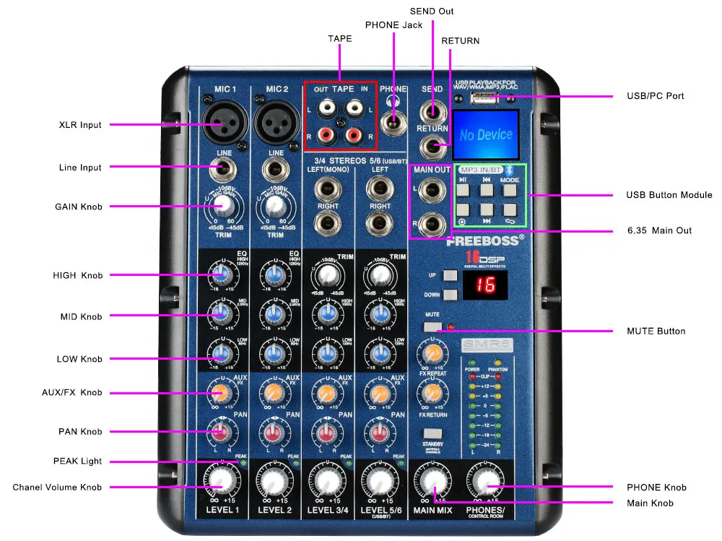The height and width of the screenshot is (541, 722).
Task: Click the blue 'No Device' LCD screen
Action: pos(485,135)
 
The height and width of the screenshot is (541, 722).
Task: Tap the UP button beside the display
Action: pos(451,276)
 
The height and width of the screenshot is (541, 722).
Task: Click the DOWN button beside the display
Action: pos(451,294)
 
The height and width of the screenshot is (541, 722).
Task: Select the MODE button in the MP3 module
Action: pos(510,190)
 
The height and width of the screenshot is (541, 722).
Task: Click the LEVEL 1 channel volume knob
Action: pos(222,480)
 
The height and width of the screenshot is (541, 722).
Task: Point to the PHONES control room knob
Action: pos(487,481)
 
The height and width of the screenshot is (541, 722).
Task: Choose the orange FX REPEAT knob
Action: pos(432,353)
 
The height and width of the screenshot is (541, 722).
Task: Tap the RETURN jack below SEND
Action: pos(432,147)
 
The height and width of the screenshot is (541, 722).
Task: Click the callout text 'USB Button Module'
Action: pos(669,195)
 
